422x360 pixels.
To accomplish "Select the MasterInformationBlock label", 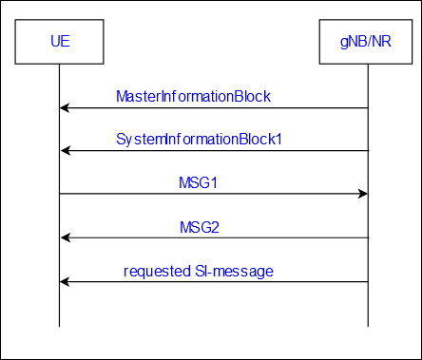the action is [193, 96].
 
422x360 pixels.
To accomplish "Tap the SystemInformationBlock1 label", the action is [199, 140].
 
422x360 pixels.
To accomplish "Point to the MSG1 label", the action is [199, 182].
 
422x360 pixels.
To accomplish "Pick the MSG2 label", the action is [200, 227].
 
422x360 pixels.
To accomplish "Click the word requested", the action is [157, 272].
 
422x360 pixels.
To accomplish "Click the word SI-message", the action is [234, 272].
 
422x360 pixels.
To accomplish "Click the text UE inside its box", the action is [60, 41].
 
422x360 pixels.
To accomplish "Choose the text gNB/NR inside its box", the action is [366, 42].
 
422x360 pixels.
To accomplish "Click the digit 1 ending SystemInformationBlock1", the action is [278, 140].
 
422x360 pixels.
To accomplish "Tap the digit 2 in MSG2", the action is [215, 227].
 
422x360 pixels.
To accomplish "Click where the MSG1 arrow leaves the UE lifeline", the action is [59, 194].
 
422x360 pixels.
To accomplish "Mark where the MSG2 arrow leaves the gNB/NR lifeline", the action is [368, 237].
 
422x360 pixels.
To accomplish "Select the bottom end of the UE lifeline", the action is [59, 327].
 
